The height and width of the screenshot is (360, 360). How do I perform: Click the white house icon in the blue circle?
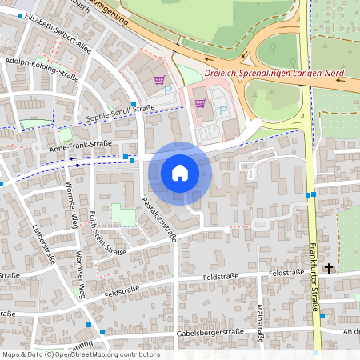tap(180, 172)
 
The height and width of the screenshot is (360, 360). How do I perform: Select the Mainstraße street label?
tap(260, 319)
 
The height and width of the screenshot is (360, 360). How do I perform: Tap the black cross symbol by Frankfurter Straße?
tap(328, 269)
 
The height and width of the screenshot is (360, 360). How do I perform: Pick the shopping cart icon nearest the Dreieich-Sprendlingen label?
tap(200, 102)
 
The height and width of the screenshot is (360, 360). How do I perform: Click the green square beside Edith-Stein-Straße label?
tap(122, 214)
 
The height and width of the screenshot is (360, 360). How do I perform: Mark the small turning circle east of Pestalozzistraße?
tap(227, 230)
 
